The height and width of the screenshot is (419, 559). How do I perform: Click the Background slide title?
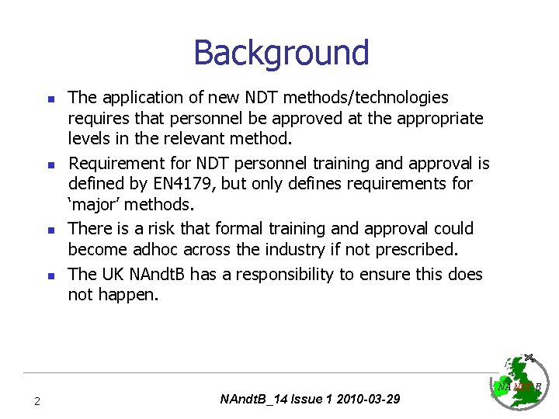[280, 53]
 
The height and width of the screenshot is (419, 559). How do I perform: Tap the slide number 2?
[36, 401]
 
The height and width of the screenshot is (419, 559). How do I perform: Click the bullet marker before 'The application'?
[48, 99]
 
